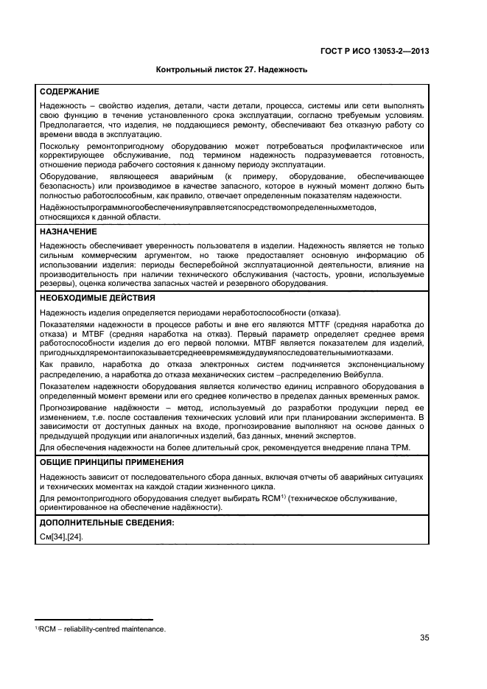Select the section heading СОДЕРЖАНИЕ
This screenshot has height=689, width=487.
70,91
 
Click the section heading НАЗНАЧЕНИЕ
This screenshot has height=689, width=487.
69,231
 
